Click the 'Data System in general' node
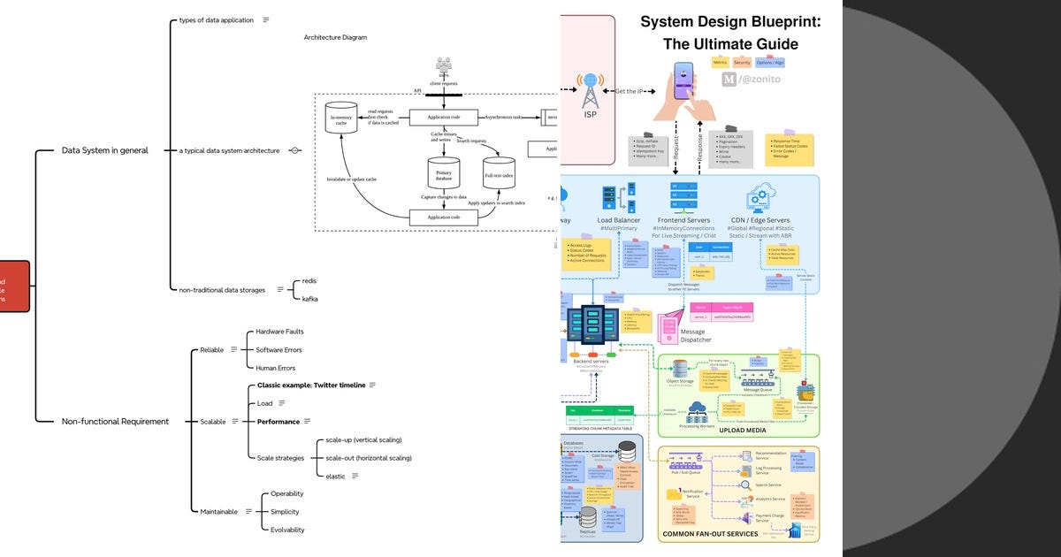[x=104, y=150]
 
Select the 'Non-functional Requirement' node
[x=114, y=422]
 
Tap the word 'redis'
[x=309, y=280]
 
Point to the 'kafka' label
[x=309, y=299]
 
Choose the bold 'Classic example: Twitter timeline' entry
[x=310, y=385]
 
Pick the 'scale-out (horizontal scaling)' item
[x=369, y=458]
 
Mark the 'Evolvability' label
[x=287, y=530]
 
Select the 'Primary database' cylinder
[x=444, y=173]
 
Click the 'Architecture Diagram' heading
[x=335, y=37]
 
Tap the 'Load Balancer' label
[x=618, y=219]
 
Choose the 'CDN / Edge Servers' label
[x=760, y=219]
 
